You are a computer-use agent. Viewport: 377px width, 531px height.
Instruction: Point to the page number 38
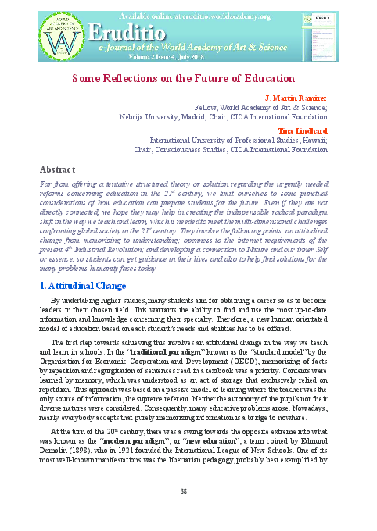pos(185,490)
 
